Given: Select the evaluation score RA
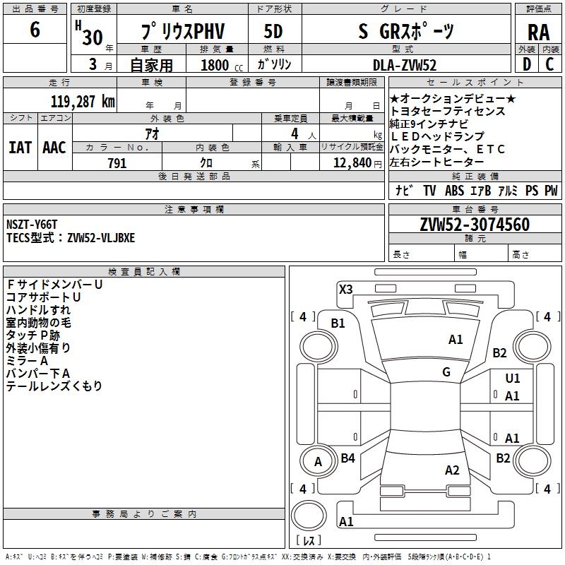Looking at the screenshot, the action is click(x=538, y=32).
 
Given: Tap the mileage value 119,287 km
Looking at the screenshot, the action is click(x=83, y=100).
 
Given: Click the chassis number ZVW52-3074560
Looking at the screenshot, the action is click(x=474, y=225).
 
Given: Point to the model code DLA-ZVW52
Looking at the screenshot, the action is click(x=405, y=64).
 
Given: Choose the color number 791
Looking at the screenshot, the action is click(x=117, y=163).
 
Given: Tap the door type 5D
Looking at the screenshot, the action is click(x=273, y=32).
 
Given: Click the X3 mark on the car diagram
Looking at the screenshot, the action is click(x=345, y=289).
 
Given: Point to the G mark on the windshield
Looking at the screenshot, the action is click(x=446, y=372).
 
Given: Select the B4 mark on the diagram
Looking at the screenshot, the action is click(x=347, y=458).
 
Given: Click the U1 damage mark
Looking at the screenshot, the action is click(x=513, y=379).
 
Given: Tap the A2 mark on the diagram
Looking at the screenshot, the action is click(x=452, y=470).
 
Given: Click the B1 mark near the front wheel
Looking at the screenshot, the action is click(x=338, y=323).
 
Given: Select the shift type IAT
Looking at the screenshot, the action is click(x=20, y=147).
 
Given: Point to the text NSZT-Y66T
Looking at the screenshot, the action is click(x=32, y=225).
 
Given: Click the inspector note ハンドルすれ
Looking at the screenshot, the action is click(x=38, y=310).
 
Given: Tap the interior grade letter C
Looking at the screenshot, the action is click(x=549, y=64).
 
